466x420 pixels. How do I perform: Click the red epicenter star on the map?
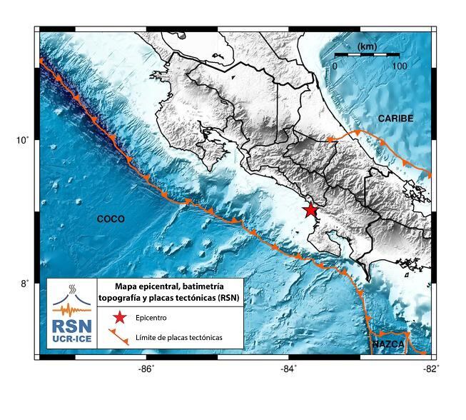click(310, 209)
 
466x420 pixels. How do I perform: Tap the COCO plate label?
click(111, 219)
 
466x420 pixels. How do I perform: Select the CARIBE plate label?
click(395, 119)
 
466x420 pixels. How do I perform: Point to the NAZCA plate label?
click(389, 345)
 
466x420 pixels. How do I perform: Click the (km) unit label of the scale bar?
click(367, 46)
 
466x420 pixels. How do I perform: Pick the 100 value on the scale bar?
click(399, 66)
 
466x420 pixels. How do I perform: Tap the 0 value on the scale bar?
click(335, 66)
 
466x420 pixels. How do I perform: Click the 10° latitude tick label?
click(23, 140)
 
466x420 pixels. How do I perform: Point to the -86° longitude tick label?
click(146, 369)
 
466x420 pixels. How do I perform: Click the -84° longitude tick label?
click(288, 369)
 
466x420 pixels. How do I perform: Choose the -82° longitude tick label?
click(430, 369)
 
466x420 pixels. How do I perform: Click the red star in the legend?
click(120, 317)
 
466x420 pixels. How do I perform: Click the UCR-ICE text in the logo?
click(72, 341)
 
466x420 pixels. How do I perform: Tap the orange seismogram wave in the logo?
click(72, 309)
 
